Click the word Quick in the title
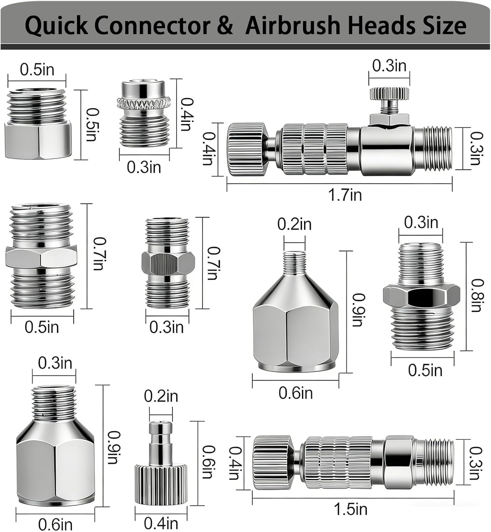[56, 26]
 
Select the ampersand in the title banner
[222, 26]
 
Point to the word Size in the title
[445, 26]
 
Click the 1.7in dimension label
[345, 195]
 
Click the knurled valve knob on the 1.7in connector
[389, 93]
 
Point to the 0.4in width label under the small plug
[161, 523]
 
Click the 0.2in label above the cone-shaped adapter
[294, 224]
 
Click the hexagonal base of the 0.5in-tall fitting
[38, 140]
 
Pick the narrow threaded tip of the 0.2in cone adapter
[294, 262]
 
